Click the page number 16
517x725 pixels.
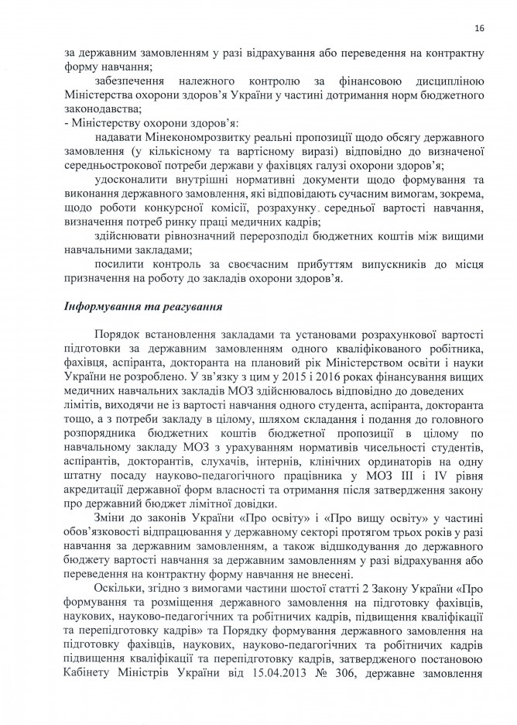click(x=480, y=29)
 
